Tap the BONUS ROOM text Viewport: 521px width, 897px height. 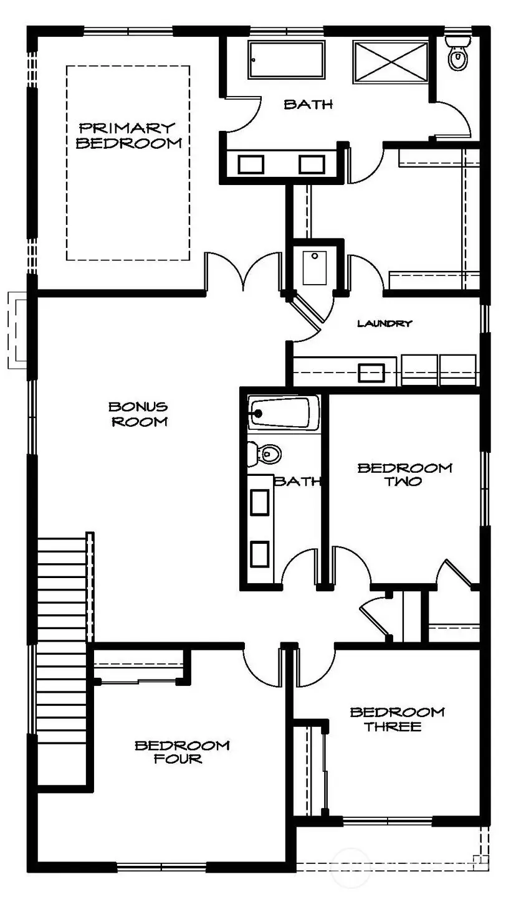pos(138,414)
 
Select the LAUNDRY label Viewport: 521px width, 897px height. pos(385,323)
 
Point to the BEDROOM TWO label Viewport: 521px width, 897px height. pos(404,474)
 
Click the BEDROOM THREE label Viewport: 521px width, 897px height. pos(397,719)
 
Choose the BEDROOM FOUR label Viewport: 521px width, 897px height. pos(182,751)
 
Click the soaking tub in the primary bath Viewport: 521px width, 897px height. pos(287,60)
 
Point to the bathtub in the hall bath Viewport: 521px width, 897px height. pos(284,412)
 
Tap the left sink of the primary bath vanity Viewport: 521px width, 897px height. pos(251,164)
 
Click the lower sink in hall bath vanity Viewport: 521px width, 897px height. pos(260,553)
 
